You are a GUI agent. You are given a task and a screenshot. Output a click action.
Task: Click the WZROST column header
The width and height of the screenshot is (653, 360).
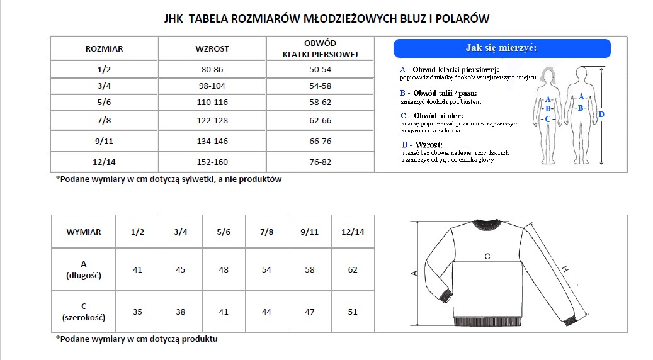pyautogui.click(x=212, y=48)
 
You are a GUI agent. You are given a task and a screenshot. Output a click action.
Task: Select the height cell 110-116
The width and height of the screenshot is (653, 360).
pyautogui.click(x=212, y=102)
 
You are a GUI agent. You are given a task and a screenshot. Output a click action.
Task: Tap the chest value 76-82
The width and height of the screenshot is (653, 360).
pyautogui.click(x=320, y=162)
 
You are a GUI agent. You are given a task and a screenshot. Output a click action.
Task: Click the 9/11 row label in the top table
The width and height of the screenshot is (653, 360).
pyautogui.click(x=104, y=142)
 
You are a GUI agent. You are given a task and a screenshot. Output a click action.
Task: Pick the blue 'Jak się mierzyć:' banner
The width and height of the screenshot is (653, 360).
pyautogui.click(x=502, y=48)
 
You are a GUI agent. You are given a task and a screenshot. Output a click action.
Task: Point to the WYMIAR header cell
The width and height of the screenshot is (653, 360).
pyautogui.click(x=84, y=232)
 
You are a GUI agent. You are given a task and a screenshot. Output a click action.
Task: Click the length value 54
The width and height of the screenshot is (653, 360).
pyautogui.click(x=266, y=269)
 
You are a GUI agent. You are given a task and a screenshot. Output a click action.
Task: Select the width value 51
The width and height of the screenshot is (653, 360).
pyautogui.click(x=353, y=312)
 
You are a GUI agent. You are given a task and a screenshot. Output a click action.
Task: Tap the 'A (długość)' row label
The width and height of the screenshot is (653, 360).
pyautogui.click(x=84, y=269)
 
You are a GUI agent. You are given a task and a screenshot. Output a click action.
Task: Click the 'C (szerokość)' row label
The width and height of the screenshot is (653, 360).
pyautogui.click(x=84, y=312)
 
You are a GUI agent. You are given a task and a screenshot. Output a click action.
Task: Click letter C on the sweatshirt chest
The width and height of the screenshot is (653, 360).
pyautogui.click(x=487, y=256)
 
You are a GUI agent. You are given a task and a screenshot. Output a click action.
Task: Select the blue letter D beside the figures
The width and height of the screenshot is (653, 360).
pyautogui.click(x=601, y=115)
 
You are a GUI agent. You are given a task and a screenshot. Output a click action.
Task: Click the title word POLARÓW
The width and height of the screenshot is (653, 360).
pyautogui.click(x=462, y=18)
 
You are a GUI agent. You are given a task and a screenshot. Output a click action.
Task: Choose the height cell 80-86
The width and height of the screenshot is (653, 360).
pyautogui.click(x=212, y=69)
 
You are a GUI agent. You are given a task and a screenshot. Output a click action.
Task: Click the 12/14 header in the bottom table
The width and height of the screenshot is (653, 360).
pyautogui.click(x=353, y=232)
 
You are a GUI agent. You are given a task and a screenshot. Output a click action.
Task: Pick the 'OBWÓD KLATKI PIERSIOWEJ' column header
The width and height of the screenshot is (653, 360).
pyautogui.click(x=320, y=48)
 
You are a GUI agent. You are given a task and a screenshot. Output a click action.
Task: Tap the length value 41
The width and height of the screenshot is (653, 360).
pyautogui.click(x=138, y=269)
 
